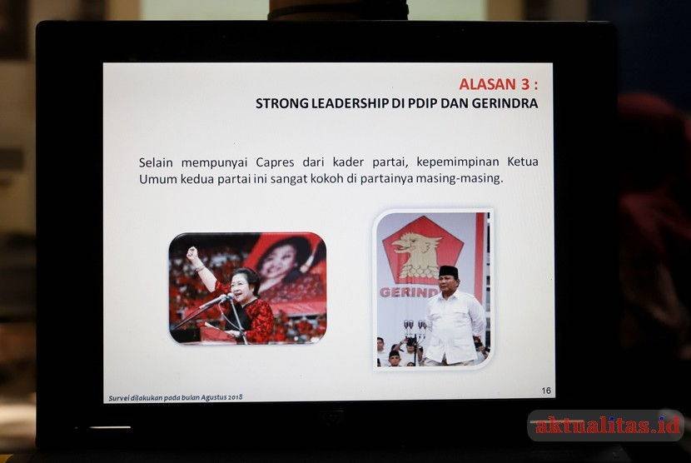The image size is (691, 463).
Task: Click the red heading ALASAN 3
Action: click(x=499, y=84)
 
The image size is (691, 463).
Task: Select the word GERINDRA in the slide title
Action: click(x=505, y=103)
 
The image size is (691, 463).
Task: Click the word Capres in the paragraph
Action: click(x=275, y=162)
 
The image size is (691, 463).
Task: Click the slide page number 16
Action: click(x=546, y=391)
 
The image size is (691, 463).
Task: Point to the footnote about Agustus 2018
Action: click(x=176, y=398)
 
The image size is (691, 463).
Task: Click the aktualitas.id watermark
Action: click(x=607, y=426)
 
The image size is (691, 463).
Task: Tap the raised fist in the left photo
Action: click(x=192, y=253)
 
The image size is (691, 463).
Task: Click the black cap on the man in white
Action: click(x=449, y=272)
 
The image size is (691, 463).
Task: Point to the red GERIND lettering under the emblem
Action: click(x=409, y=292)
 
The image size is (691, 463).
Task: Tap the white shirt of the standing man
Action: click(x=455, y=326)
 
